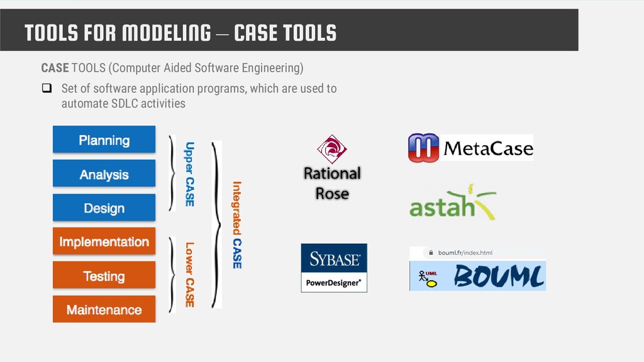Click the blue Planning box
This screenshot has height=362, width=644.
pyautogui.click(x=104, y=140)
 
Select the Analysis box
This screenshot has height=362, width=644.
pyautogui.click(x=104, y=174)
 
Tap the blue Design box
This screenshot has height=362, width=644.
pyautogui.click(x=104, y=208)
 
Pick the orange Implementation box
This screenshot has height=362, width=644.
pyautogui.click(x=104, y=242)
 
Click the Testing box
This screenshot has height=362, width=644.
pyautogui.click(x=104, y=276)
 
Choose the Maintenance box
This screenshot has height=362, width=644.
pyautogui.click(x=104, y=309)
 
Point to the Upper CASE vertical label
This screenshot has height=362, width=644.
pyautogui.click(x=189, y=174)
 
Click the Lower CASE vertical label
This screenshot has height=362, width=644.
pyautogui.click(x=189, y=275)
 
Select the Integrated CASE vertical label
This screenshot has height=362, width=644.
pyautogui.click(x=237, y=224)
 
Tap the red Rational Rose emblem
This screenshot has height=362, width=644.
pyautogui.click(x=331, y=150)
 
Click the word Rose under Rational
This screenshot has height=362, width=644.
pyautogui.click(x=332, y=194)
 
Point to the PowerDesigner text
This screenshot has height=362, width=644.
pyautogui.click(x=334, y=283)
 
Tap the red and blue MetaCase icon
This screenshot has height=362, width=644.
pyautogui.click(x=423, y=148)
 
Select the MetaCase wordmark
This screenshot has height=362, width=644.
pyautogui.click(x=488, y=149)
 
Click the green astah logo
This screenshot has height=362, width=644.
pyautogui.click(x=452, y=203)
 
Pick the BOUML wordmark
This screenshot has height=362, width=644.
pyautogui.click(x=499, y=275)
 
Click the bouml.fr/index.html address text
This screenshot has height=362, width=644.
pyautogui.click(x=465, y=253)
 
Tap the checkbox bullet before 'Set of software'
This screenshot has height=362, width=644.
pyautogui.click(x=47, y=89)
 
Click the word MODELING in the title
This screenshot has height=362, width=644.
pyautogui.click(x=167, y=32)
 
